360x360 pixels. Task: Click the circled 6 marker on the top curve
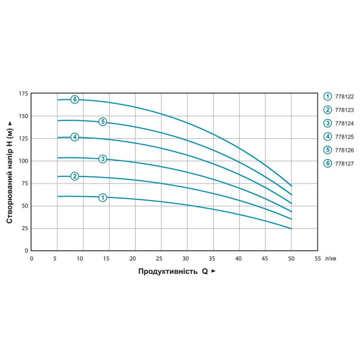tap(74, 99)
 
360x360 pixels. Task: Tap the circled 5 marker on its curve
tap(102, 121)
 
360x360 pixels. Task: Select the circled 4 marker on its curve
tap(74, 137)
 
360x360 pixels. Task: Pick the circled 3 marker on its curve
tap(102, 159)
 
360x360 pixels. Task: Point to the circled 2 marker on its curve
tap(74, 176)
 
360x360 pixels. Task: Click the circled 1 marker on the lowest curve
tap(102, 197)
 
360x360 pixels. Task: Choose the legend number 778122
tap(345, 96)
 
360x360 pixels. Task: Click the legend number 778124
tap(345, 123)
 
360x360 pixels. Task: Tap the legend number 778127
tap(345, 164)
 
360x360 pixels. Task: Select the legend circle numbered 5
tap(328, 150)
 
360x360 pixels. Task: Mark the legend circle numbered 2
tap(328, 110)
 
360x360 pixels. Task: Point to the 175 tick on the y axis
tap(23, 94)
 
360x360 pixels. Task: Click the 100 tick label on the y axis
tap(23, 161)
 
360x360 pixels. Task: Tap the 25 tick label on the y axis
tap(24, 228)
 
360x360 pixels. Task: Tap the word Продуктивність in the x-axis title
tap(168, 271)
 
